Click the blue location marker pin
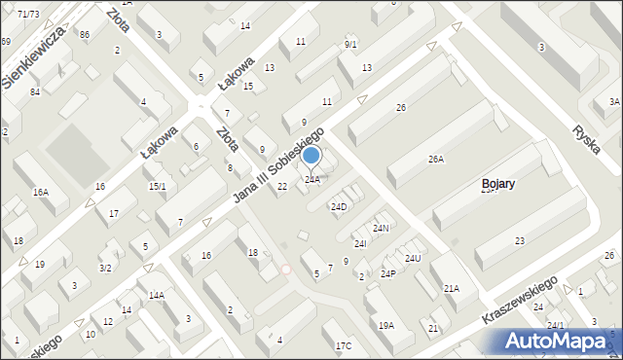(311, 156)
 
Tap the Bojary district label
(504, 183)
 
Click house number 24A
(311, 180)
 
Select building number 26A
(435, 159)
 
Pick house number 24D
(339, 207)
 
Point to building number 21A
(451, 288)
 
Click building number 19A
(386, 325)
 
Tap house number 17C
(344, 346)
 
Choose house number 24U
(413, 258)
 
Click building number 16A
(40, 193)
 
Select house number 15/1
(157, 186)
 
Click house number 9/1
(350, 45)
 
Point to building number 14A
(156, 295)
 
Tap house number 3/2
(105, 268)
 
